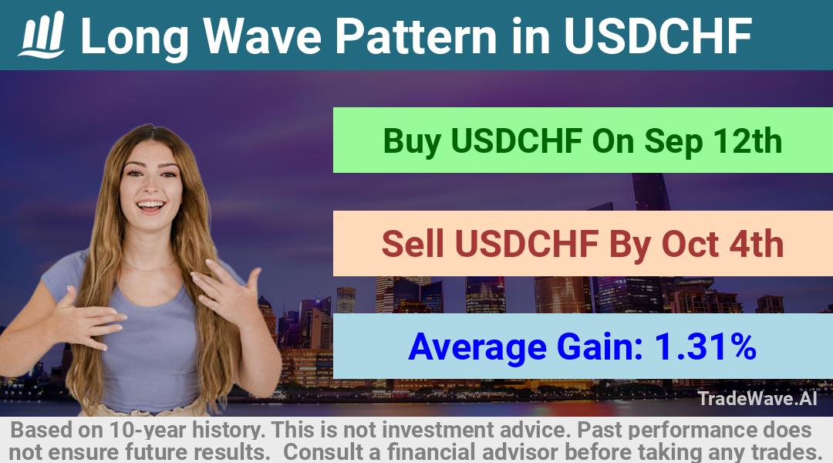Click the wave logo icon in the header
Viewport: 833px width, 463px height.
point(42,35)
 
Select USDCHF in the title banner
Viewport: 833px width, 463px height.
point(658,35)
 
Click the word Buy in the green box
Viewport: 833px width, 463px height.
point(412,141)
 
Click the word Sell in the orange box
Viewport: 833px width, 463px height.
point(412,244)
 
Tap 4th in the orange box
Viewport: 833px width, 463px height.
point(757,244)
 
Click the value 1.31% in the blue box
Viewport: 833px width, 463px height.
point(705,346)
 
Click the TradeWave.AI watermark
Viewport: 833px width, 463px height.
point(757,398)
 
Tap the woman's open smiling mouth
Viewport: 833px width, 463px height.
point(150,206)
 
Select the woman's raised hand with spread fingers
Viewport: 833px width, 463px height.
point(226,290)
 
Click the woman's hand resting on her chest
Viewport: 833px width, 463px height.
point(88,319)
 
